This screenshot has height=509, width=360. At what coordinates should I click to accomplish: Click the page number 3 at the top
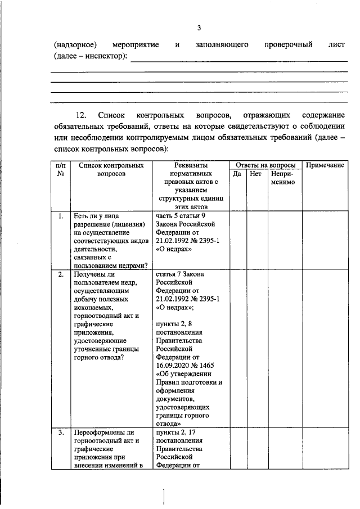click(199, 28)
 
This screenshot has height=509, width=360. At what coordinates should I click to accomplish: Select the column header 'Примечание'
click(325, 165)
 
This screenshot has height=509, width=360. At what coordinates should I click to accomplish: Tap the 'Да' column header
click(237, 174)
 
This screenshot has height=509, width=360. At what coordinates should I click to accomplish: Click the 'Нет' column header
click(256, 174)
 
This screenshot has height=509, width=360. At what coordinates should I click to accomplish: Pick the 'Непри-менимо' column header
click(282, 178)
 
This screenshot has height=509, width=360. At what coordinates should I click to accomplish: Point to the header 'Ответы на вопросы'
click(265, 165)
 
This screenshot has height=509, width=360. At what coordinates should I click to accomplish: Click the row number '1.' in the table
click(60, 215)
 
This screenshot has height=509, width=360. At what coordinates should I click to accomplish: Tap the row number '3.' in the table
click(60, 433)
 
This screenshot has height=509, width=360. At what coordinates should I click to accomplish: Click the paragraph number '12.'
click(82, 115)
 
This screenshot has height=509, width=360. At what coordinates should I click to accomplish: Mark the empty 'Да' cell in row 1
click(237, 240)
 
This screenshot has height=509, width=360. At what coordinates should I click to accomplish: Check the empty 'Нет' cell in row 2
click(256, 349)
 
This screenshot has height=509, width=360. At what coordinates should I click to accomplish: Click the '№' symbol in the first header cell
click(60, 174)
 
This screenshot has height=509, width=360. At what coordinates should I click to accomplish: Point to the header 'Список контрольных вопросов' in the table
click(107, 169)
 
